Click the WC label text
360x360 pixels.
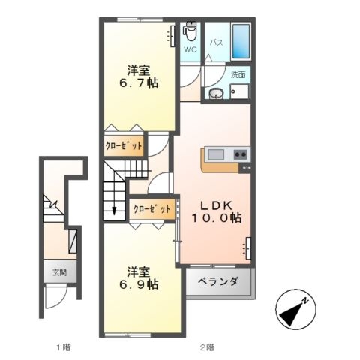coord(190,50)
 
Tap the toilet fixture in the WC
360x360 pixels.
coord(190,32)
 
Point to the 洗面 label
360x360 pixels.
coord(238,75)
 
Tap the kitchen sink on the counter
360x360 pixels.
coord(215,155)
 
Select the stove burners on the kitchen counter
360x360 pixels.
coord(240,155)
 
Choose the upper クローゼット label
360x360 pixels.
coord(123,146)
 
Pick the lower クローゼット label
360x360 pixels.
coord(152,209)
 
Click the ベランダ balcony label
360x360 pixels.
coord(219,282)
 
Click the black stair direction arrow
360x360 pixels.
coord(114,208)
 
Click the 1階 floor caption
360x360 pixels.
coord(63,346)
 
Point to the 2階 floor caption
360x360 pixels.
coord(206,346)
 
